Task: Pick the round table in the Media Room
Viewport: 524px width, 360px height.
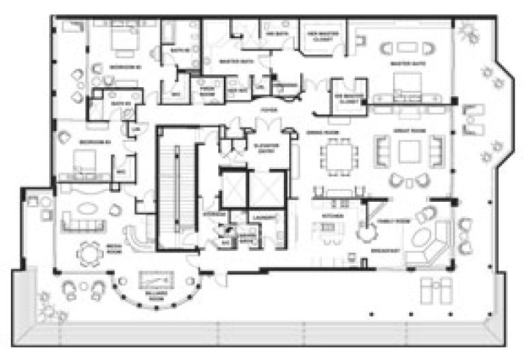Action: coord(90,253)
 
